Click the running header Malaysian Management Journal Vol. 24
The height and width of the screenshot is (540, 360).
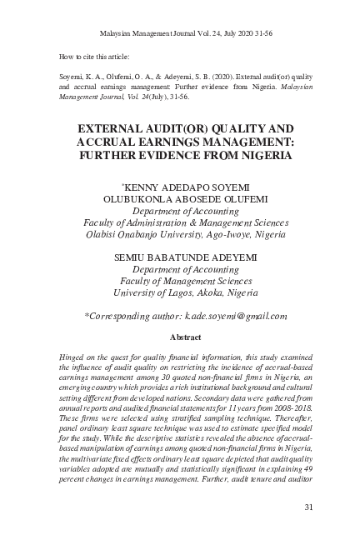[x=179, y=32]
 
